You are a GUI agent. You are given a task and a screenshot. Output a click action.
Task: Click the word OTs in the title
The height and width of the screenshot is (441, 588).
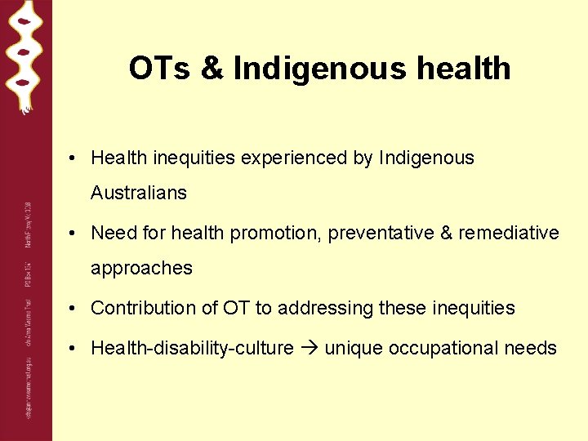[x=159, y=69]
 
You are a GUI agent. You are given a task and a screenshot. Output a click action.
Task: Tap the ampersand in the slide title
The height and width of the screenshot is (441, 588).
[x=212, y=69]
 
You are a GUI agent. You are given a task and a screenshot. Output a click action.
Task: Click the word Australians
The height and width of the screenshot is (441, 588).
[x=139, y=194]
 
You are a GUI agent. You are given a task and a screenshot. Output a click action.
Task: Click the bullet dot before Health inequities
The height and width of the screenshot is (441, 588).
[x=73, y=158]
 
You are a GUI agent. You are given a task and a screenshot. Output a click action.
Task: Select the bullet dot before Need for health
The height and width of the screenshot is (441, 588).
[x=73, y=234]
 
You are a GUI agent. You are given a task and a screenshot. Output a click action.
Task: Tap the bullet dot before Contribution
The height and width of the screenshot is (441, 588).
[x=73, y=309]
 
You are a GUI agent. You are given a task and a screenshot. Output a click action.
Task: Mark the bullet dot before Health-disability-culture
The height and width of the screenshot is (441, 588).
[x=73, y=349]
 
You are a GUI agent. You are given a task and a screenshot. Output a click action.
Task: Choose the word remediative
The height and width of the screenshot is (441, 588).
[x=509, y=234]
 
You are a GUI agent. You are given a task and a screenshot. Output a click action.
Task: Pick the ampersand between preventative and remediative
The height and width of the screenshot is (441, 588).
[x=446, y=234]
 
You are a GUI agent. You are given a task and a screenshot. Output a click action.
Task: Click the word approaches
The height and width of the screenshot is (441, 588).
[x=141, y=269]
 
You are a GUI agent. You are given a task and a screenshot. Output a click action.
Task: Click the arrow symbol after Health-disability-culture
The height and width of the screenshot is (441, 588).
[x=309, y=349]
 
